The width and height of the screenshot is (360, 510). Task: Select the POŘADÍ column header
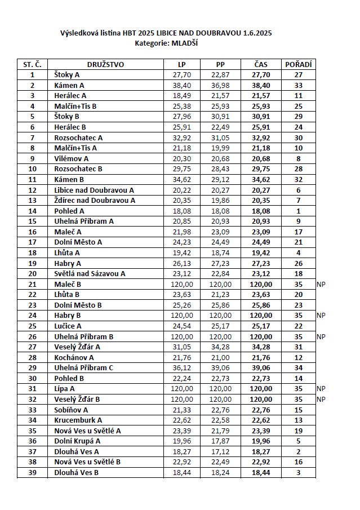click(299, 64)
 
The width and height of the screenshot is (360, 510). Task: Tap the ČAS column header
click(261, 64)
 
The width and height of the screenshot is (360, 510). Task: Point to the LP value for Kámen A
click(181, 85)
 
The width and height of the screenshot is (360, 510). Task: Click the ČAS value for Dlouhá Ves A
click(261, 451)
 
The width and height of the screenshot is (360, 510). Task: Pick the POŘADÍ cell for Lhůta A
click(299, 253)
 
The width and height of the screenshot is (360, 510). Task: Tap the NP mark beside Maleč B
click(321, 285)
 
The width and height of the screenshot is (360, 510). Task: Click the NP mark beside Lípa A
click(321, 389)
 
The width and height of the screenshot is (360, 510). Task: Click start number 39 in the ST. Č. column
click(32, 472)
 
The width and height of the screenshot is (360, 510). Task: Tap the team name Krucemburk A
click(78, 420)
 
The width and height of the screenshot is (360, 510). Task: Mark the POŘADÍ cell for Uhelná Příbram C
click(299, 368)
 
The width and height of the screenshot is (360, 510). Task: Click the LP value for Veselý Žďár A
click(181, 347)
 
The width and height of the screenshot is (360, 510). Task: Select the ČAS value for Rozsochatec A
click(261, 138)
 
